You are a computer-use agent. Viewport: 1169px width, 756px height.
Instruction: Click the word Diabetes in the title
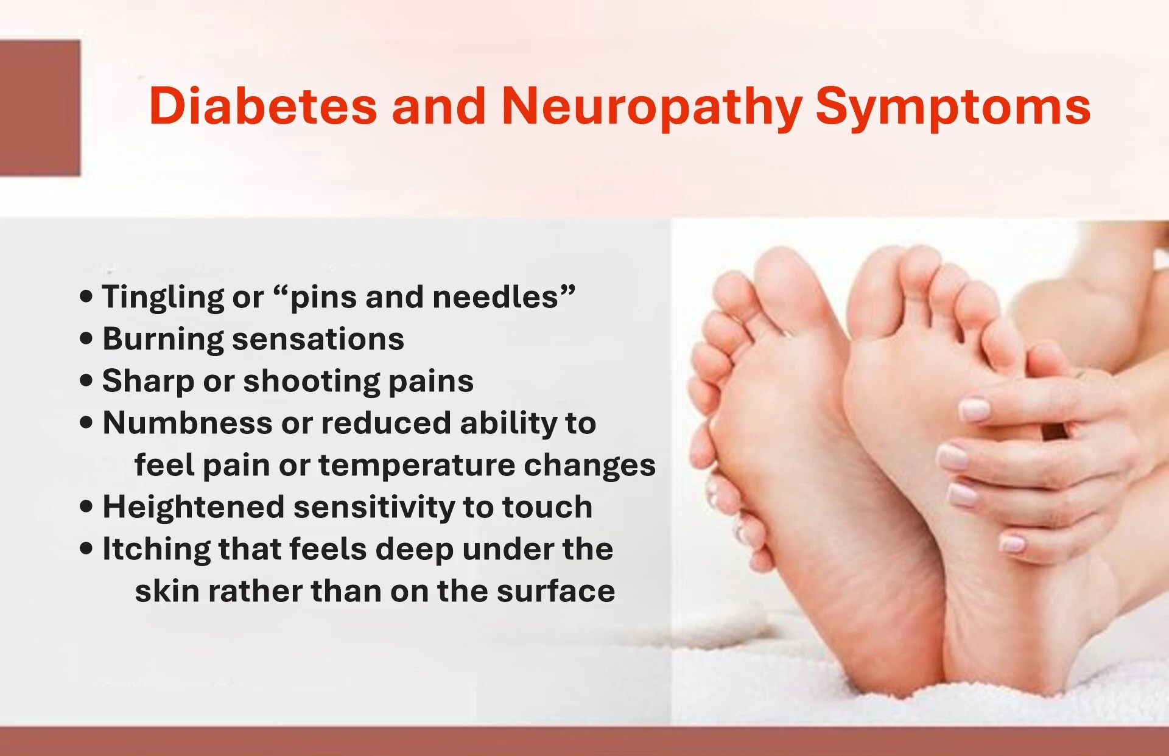[x=262, y=107]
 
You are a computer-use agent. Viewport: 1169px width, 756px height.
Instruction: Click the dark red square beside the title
[x=40, y=108]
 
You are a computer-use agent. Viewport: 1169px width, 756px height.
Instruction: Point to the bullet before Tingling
[x=86, y=296]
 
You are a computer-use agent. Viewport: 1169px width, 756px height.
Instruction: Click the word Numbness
[x=187, y=423]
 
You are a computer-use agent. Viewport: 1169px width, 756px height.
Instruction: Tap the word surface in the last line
[x=555, y=591]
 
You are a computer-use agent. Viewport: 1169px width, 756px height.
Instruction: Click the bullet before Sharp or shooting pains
[x=86, y=381]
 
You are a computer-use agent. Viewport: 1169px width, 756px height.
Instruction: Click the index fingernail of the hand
[x=975, y=409]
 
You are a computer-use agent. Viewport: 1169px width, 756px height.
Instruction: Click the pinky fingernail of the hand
[x=1013, y=543]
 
